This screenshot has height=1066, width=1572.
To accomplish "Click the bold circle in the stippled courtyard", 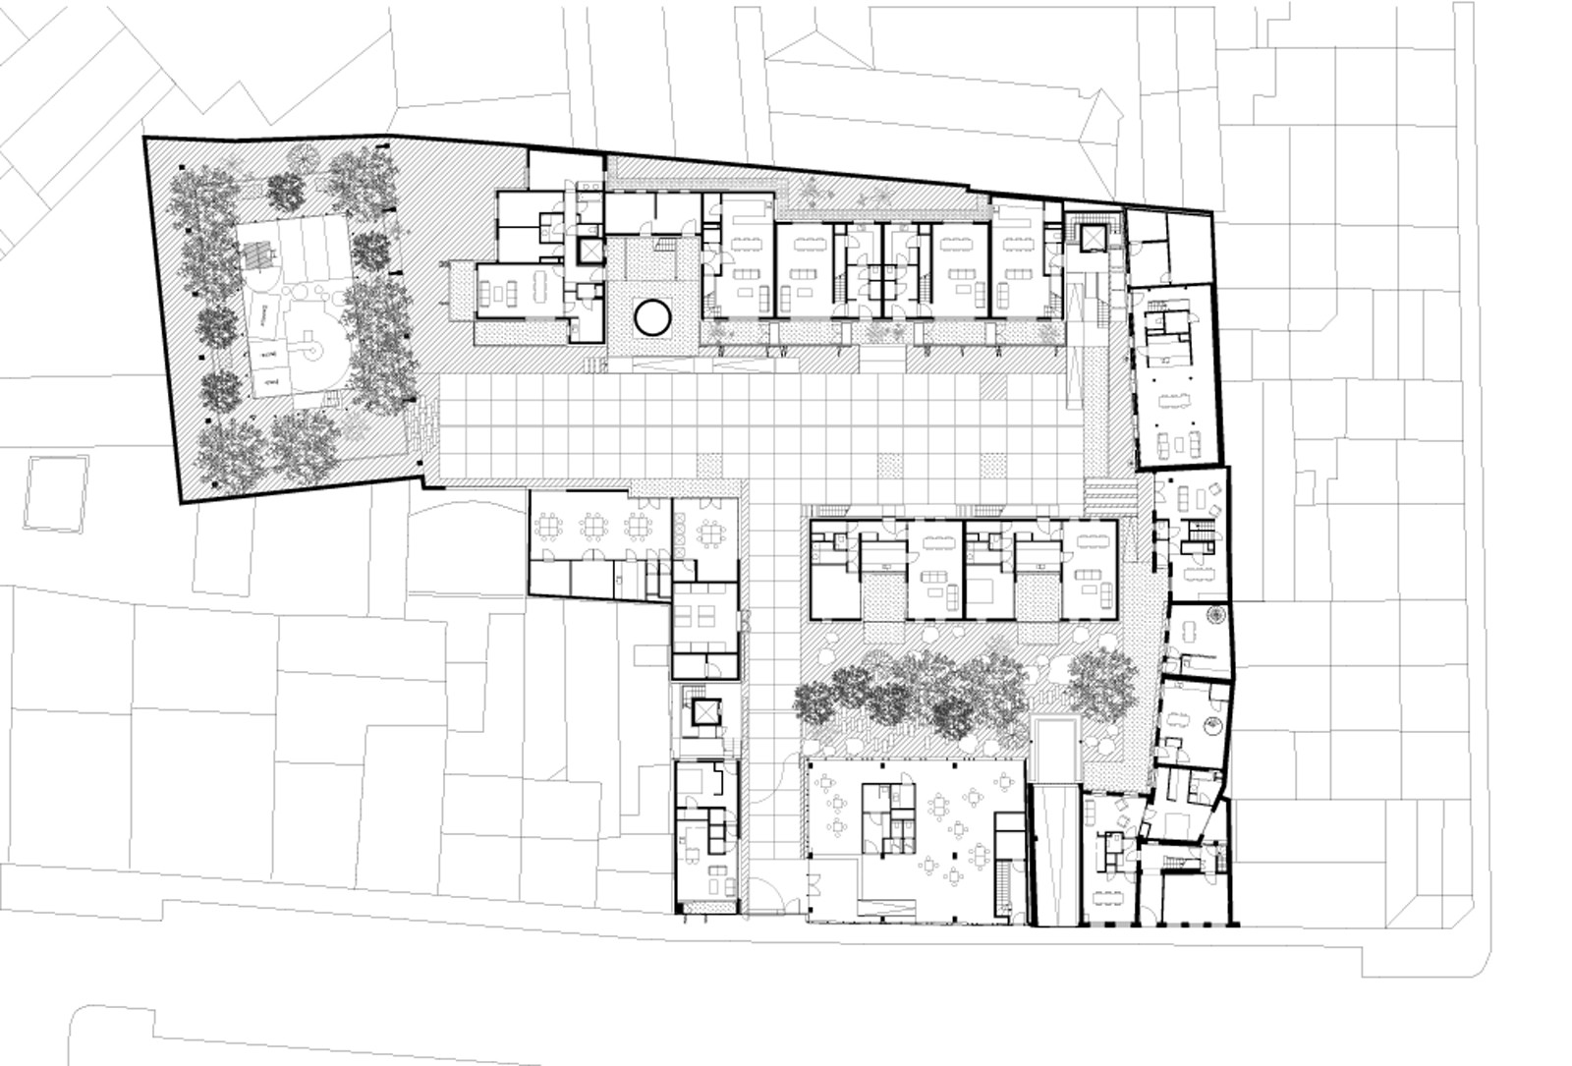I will tap(652, 316).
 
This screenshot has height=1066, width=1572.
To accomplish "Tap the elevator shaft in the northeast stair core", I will tap(1091, 237).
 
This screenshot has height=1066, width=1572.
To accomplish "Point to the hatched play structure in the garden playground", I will tap(260, 253).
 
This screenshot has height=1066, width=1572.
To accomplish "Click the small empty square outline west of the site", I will tap(55, 492).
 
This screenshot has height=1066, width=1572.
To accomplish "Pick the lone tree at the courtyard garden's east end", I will tap(1101, 679).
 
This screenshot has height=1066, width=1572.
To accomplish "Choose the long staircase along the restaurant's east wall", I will tap(1002, 888).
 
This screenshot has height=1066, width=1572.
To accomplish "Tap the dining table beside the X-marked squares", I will tap(710, 533).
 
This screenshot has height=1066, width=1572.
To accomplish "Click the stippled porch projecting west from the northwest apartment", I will tap(459, 290).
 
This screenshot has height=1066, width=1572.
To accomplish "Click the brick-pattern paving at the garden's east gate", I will tap(421, 433).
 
